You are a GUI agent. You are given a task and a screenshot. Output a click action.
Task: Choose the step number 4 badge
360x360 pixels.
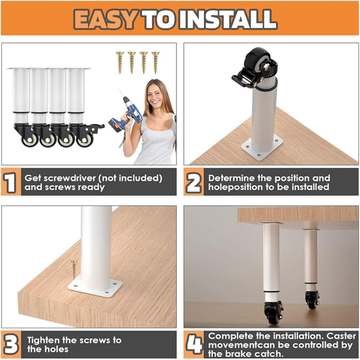pyautogui.click(x=194, y=345)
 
